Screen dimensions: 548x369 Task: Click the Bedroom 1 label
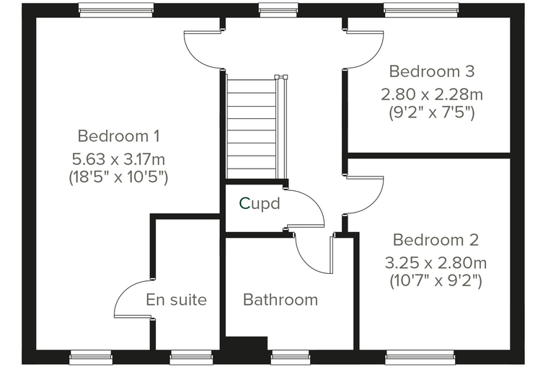119,136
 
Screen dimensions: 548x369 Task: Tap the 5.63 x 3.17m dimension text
118,159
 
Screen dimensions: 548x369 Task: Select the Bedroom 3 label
432,71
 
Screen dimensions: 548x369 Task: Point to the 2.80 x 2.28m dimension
432,94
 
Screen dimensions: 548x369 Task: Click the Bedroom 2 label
436,240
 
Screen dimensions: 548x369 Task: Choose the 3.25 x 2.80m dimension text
436,263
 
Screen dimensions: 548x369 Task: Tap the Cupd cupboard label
260,203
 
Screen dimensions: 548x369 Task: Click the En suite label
177,300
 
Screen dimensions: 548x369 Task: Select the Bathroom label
280,300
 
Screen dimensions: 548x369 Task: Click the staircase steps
252,126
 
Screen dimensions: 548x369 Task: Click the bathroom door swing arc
306,261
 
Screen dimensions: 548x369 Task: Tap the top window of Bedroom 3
422,10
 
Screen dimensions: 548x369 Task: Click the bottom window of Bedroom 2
421,358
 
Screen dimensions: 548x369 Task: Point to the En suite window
191,358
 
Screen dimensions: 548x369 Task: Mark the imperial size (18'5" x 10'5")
118,177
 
